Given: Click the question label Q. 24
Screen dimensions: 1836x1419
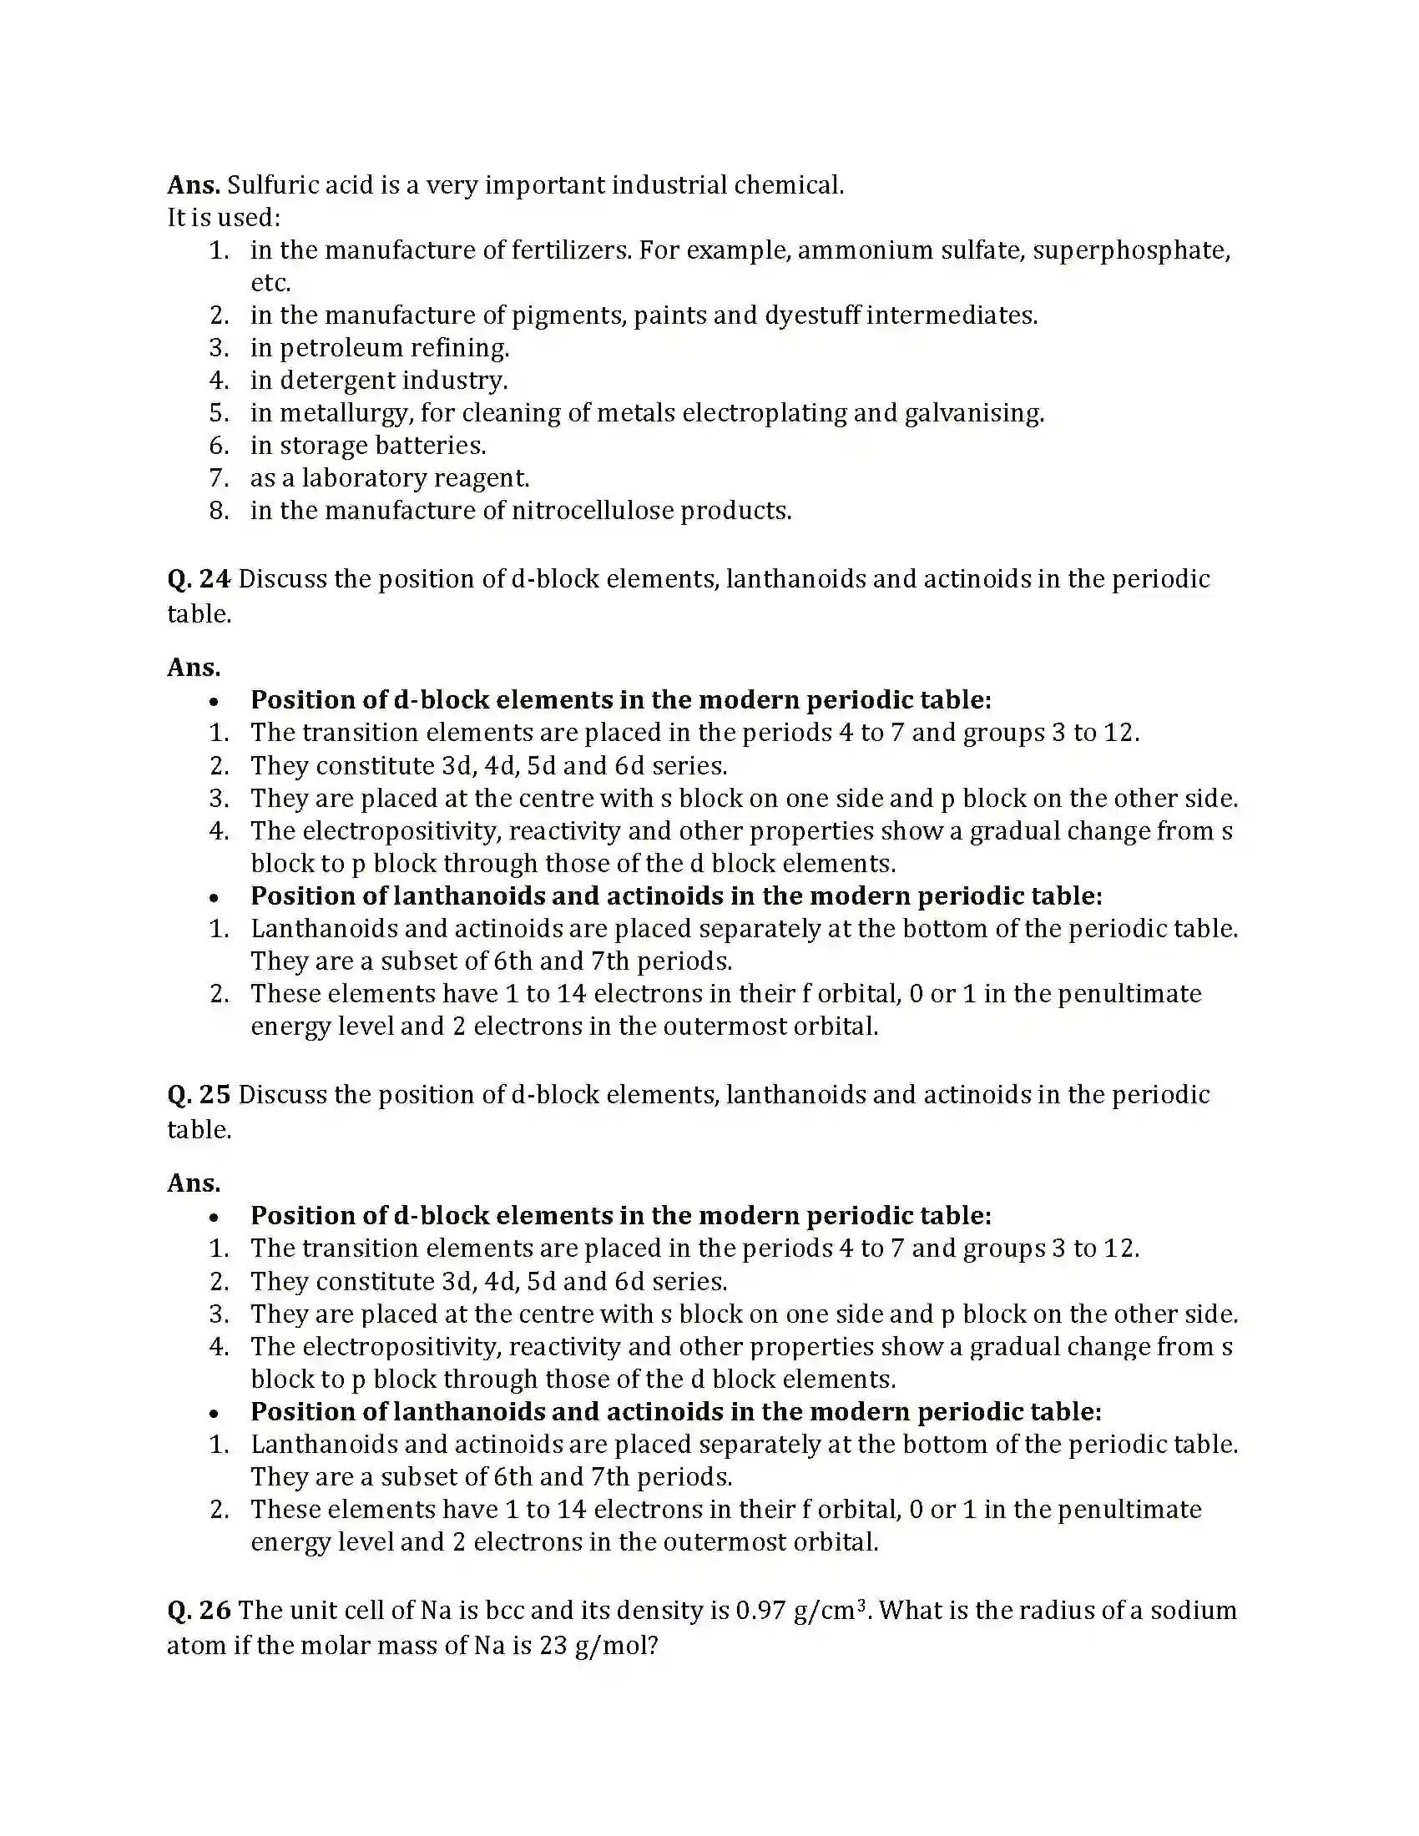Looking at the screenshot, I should pos(199,579).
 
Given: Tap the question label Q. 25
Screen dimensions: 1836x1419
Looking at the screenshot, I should pos(199,1095).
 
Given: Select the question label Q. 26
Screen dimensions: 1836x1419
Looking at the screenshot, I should pos(199,1610).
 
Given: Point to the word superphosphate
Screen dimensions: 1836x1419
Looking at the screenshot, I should pos(1131,250).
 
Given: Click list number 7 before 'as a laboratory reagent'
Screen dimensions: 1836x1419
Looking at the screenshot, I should pos(218,478).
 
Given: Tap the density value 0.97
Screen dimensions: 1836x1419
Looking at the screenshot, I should pos(760,1610).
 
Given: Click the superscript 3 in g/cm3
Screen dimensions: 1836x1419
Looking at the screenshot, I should pos(861,1602).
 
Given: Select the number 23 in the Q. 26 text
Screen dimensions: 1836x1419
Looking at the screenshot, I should pos(554,1645).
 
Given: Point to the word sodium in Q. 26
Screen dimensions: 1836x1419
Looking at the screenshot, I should pos(1193,1610).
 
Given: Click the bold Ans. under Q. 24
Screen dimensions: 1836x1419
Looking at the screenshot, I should pos(194,668).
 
